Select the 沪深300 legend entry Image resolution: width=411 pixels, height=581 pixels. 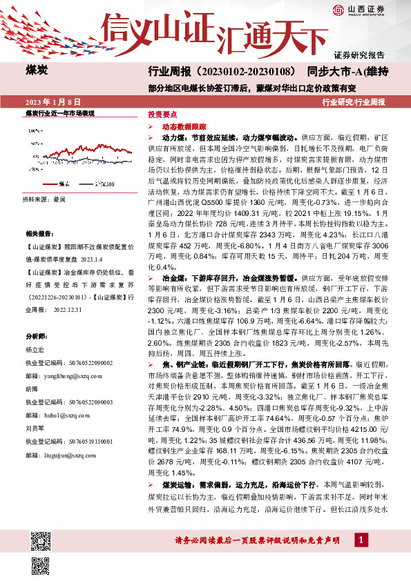[104, 184]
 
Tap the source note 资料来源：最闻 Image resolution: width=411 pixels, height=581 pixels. [45, 199]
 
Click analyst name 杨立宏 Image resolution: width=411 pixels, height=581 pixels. [35, 350]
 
